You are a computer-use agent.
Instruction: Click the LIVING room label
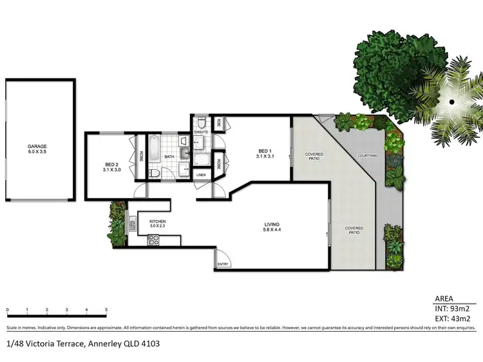click(272, 226)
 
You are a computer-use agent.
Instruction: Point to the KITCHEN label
click(158, 222)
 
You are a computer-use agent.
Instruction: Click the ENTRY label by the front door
click(223, 264)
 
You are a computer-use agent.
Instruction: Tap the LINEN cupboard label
click(200, 175)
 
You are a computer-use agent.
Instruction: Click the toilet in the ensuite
click(201, 122)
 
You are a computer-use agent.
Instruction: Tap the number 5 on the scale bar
click(106, 311)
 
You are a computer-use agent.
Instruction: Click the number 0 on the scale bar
click(7, 311)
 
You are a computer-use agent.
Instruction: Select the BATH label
click(169, 156)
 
